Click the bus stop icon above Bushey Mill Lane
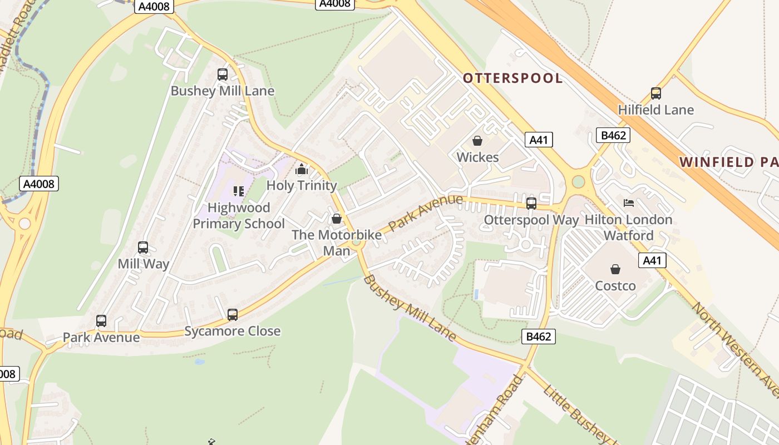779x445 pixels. [x=223, y=75]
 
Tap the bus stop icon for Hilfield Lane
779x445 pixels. [x=656, y=93]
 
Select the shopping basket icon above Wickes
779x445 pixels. [x=477, y=141]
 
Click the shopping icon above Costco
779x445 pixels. [x=615, y=270]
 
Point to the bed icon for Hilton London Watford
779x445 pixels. [x=629, y=203]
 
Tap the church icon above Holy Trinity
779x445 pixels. [x=302, y=169]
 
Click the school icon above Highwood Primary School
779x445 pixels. [x=239, y=192]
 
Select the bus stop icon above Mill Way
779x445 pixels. [x=143, y=248]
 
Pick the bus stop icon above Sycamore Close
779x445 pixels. [x=233, y=315]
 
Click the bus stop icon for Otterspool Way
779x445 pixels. [x=531, y=204]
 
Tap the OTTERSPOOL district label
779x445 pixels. [x=512, y=78]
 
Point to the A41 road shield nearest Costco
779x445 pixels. [x=652, y=260]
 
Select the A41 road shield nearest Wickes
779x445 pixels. [x=539, y=140]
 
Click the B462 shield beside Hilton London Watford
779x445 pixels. [x=613, y=135]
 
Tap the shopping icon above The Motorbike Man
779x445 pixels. [x=337, y=219]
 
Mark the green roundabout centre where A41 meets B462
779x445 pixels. [x=579, y=181]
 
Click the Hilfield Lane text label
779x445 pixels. [x=656, y=110]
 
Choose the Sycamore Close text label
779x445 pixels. [x=233, y=332]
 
